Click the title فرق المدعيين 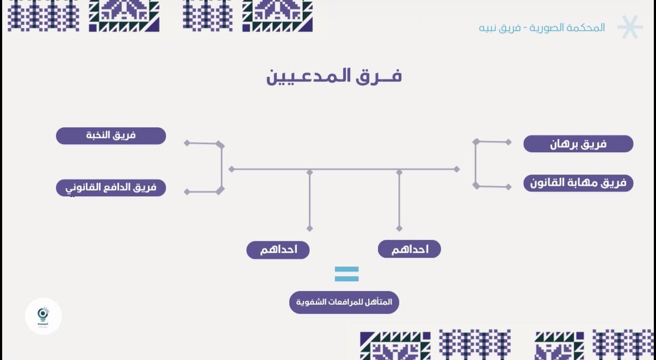coord(334,76)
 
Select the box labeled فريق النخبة coord(111,136)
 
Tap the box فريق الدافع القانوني coord(111,188)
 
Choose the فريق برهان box coord(578,144)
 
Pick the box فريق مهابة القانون coord(578,183)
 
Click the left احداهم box coord(278,250)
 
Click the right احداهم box coord(409,249)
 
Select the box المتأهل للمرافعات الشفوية coord(344,302)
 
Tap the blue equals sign coord(347,274)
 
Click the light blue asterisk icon coord(629,27)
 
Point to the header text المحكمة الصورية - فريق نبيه coord(542,28)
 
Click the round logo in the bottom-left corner coord(44,316)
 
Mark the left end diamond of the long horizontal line coord(231,169)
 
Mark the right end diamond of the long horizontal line coord(456,169)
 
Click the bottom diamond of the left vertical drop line coord(310,228)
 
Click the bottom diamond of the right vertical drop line coord(399,228)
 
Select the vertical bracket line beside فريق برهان coord(476,163)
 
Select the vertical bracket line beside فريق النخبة coord(221,168)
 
